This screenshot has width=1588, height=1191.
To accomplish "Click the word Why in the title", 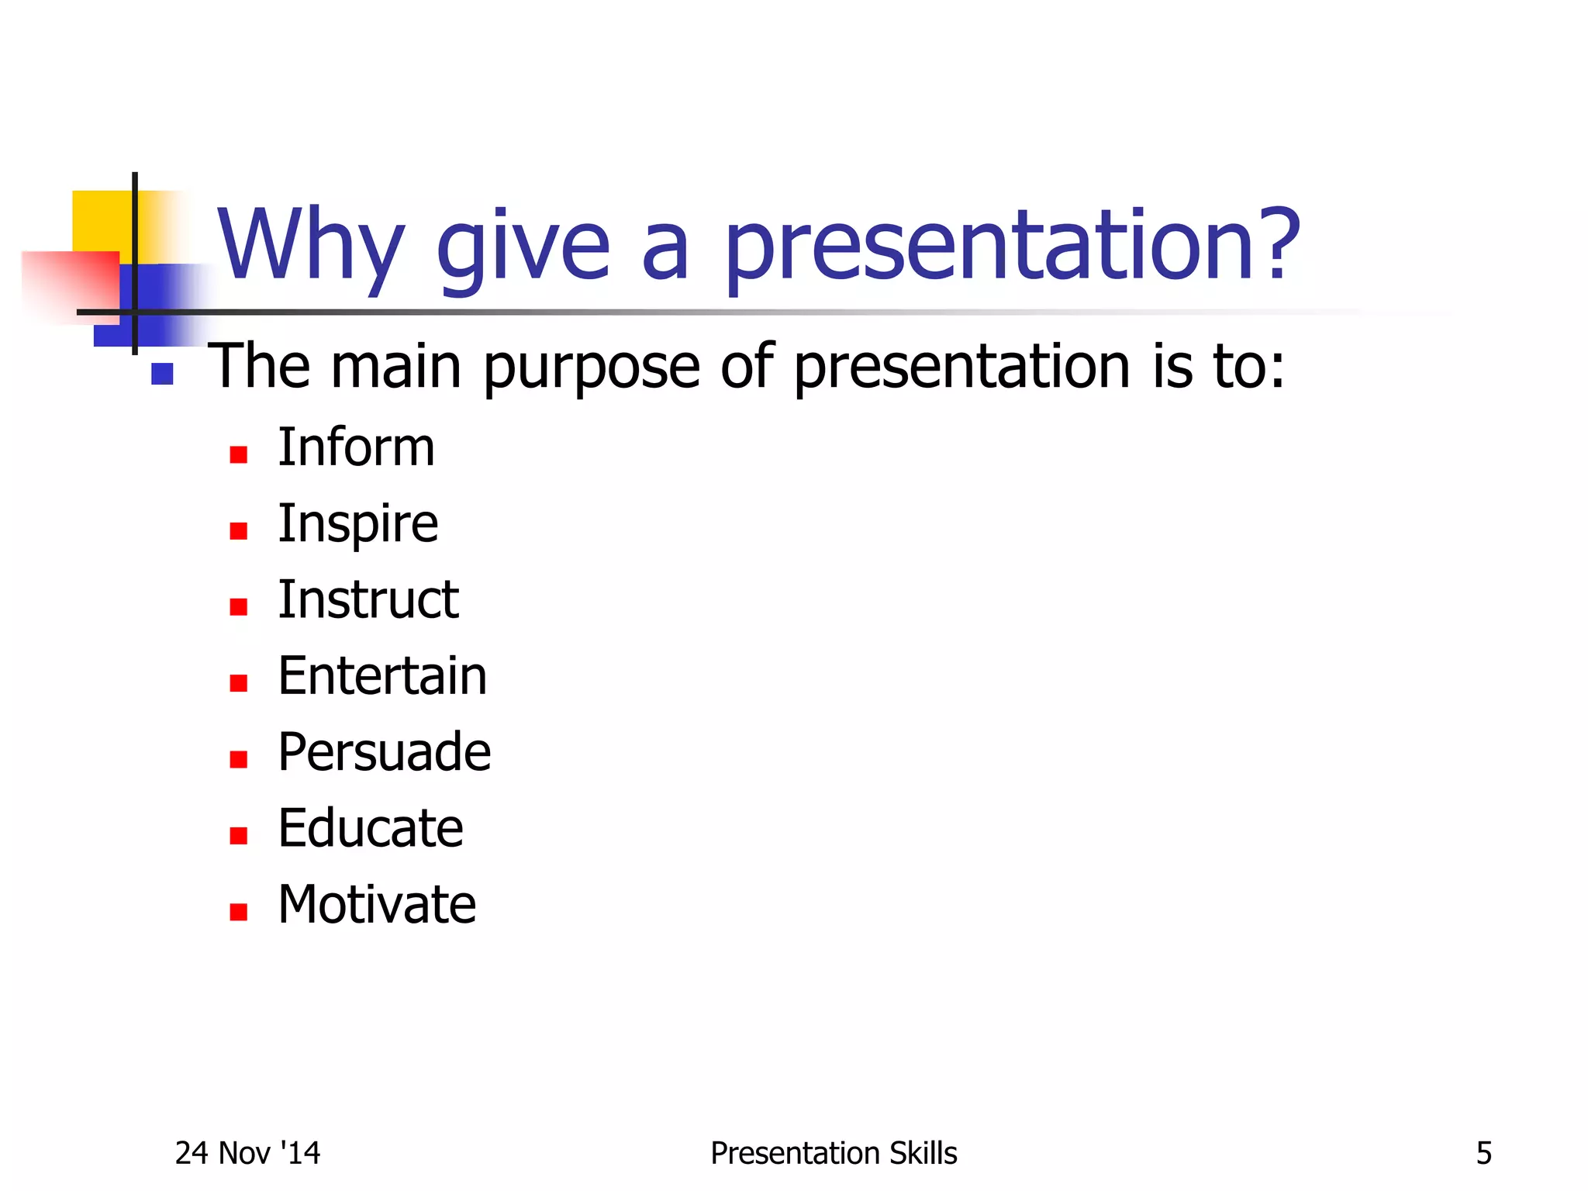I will [x=310, y=247].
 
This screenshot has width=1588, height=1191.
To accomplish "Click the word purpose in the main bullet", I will [x=592, y=367].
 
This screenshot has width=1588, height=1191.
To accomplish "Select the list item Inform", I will [x=356, y=448].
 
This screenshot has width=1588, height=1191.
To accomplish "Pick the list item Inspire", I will [x=357, y=525].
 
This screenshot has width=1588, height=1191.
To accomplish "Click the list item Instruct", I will [x=368, y=600].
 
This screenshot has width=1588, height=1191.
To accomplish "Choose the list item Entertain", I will [x=382, y=676].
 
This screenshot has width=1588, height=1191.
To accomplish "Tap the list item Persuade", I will [x=384, y=752].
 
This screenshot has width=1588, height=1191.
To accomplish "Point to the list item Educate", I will [x=371, y=828].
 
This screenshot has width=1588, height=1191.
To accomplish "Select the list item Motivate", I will [x=377, y=905].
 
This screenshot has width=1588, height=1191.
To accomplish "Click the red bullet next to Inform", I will [x=238, y=455].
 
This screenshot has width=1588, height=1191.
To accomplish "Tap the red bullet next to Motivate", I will [x=238, y=912].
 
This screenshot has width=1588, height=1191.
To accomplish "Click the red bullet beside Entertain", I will [x=238, y=683].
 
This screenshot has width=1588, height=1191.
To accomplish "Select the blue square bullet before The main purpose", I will [x=162, y=375].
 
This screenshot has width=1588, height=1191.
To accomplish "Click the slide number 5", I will [x=1483, y=1154].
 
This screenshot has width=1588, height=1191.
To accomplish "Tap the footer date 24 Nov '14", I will [x=247, y=1154].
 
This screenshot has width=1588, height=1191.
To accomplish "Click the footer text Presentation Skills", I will [x=834, y=1154].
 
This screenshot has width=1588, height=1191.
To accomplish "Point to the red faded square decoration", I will [x=70, y=283].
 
